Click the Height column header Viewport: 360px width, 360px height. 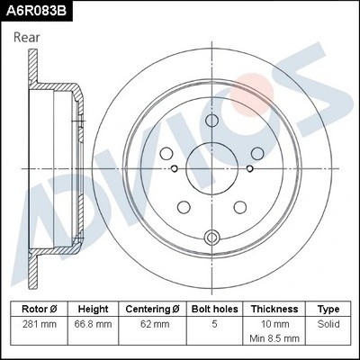[94, 309]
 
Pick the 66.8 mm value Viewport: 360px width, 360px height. [94, 322]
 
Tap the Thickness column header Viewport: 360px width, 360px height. [274, 309]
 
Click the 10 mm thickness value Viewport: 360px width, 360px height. [274, 322]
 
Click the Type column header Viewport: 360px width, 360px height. [328, 309]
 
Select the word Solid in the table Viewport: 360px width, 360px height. [328, 322]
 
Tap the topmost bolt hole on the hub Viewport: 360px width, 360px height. [213, 122]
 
